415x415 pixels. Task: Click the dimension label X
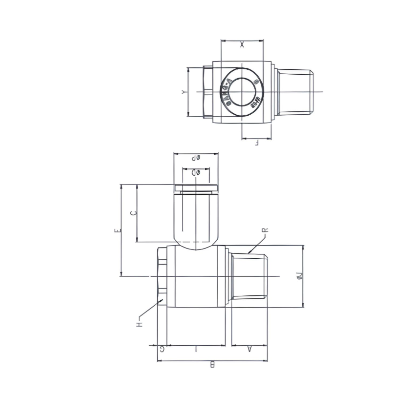pos(242,45)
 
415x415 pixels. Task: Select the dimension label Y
pos(184,92)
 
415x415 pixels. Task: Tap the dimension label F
pos(256,144)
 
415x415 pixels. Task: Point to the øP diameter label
pos(196,158)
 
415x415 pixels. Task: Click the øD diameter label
pos(196,173)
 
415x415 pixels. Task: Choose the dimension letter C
pos(133,213)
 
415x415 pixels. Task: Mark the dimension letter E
pos(116,230)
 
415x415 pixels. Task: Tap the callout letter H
pos(139,324)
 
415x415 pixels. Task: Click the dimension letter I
pos(196,349)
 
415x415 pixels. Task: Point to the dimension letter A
pos(249,349)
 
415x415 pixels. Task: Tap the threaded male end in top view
pos(294,91)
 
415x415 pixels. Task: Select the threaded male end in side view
pos(249,276)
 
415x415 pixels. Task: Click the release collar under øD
pos(196,188)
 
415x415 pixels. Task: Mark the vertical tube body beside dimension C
pos(196,217)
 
